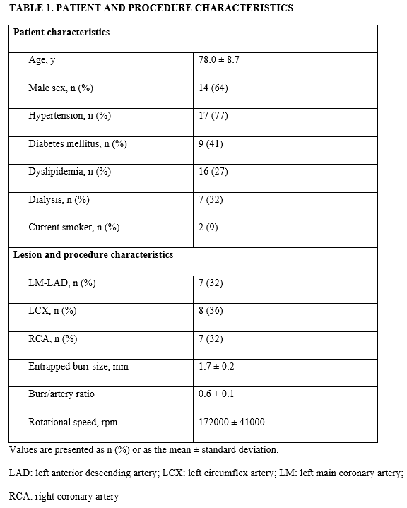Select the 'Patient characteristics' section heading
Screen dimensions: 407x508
click(x=61, y=33)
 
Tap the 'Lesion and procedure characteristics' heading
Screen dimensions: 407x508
click(x=93, y=254)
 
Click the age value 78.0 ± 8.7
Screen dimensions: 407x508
click(x=219, y=60)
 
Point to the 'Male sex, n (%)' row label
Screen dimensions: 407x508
click(x=59, y=88)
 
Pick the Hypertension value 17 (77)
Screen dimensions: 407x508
click(x=213, y=115)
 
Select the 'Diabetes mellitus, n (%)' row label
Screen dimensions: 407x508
click(x=77, y=143)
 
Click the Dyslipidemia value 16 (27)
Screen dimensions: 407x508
click(x=213, y=172)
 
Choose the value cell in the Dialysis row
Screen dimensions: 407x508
click(x=211, y=199)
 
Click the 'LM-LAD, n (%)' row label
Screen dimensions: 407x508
click(x=61, y=283)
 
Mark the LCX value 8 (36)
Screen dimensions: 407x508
click(x=211, y=310)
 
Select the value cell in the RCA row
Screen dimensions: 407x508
click(x=211, y=338)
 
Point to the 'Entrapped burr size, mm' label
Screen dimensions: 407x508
click(x=78, y=366)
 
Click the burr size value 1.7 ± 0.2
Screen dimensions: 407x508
click(x=217, y=366)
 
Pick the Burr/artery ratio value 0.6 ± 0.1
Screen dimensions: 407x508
click(x=217, y=394)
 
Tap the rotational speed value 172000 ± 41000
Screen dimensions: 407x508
click(x=232, y=422)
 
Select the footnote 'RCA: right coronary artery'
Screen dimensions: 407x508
click(x=64, y=496)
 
